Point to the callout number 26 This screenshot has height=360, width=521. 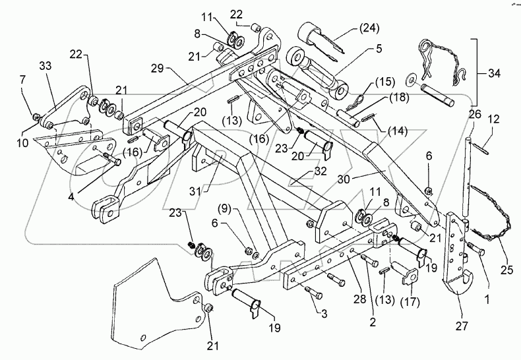(472, 114)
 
